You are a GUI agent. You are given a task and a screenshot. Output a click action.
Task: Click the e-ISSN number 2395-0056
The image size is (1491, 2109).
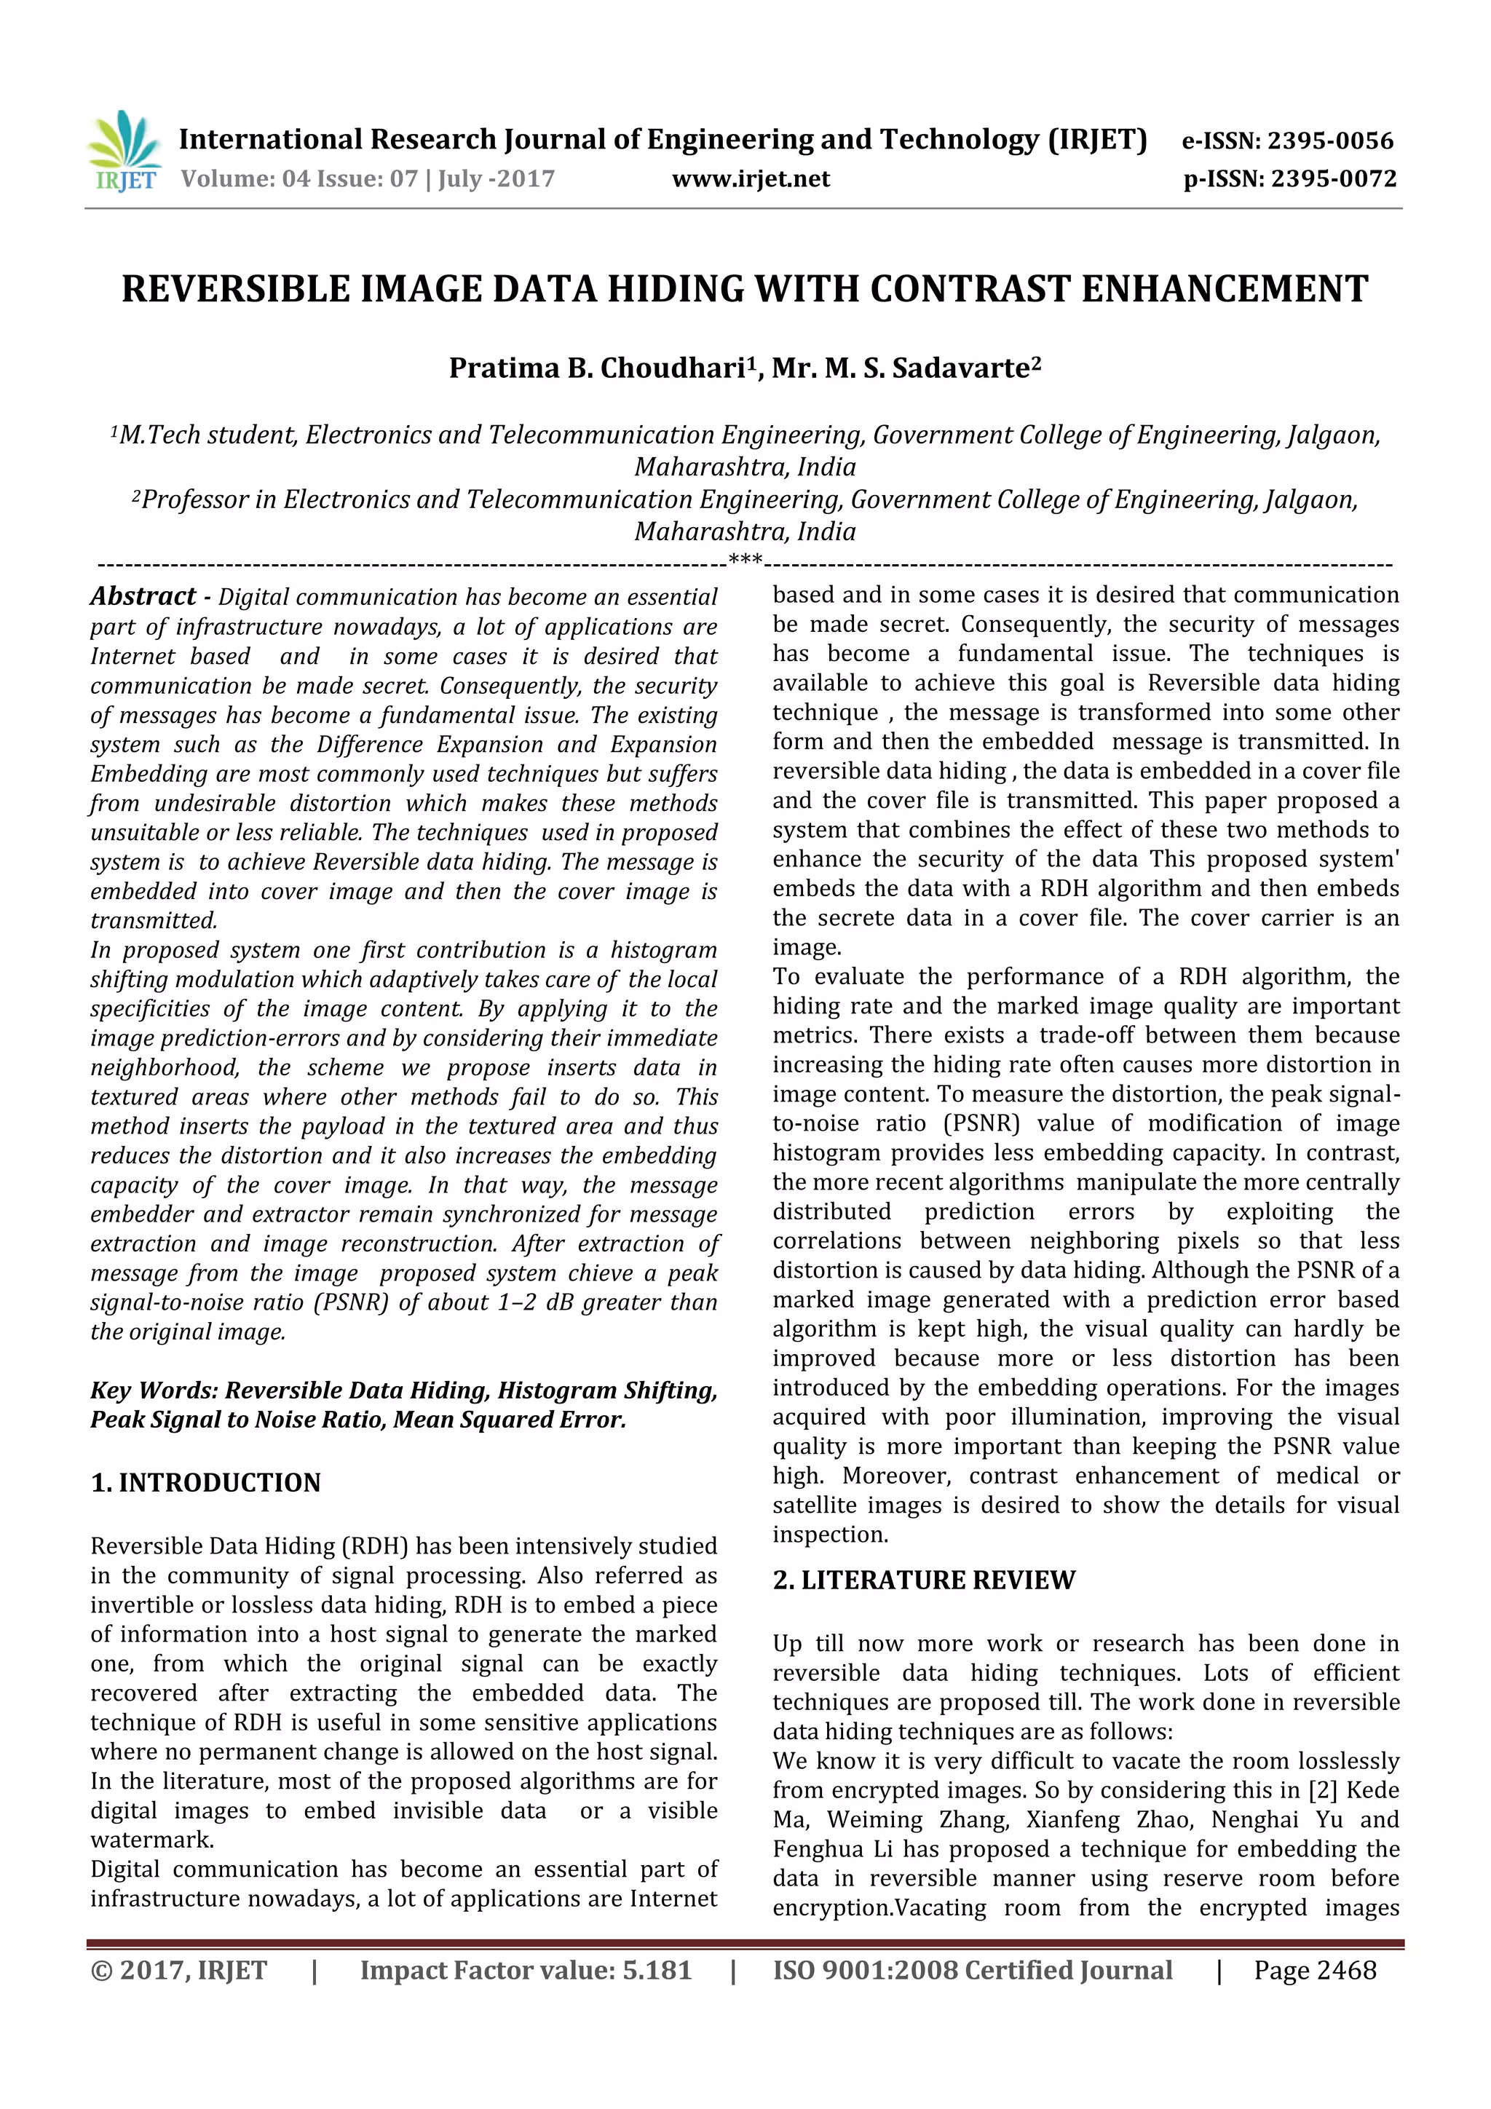click(1330, 141)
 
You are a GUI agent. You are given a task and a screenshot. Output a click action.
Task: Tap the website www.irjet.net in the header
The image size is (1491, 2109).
click(751, 179)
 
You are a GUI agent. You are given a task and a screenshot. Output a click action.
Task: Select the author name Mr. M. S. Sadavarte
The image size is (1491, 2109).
click(904, 368)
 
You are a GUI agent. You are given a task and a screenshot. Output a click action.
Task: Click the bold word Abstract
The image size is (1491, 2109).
click(143, 597)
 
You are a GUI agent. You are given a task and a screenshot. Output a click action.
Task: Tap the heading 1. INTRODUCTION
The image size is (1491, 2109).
click(206, 1482)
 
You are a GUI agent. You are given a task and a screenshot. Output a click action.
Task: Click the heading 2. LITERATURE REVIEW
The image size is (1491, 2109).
click(923, 1580)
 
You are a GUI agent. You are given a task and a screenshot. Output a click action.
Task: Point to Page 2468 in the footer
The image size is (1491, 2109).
click(1315, 1970)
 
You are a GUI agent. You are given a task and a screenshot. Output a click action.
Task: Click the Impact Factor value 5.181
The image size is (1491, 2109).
click(656, 1970)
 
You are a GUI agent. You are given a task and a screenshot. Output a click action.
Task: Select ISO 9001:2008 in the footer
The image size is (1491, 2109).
click(849, 1970)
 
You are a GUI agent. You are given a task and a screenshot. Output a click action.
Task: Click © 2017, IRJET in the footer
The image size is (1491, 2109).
click(179, 1970)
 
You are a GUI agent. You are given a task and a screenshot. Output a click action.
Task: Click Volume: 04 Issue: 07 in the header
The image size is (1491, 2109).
click(298, 179)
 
